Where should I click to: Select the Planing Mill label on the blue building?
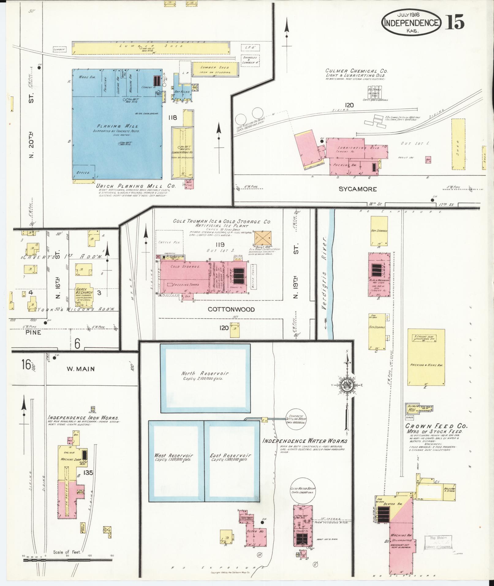pos(118,126)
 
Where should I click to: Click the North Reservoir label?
pos(205,373)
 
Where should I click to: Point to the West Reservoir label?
pos(174,456)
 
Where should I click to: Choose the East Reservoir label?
pos(231,456)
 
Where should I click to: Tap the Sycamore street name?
pos(357,189)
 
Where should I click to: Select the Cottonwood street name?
pos(231,309)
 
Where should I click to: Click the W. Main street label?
pos(81,369)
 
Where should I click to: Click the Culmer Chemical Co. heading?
pos(356,71)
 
